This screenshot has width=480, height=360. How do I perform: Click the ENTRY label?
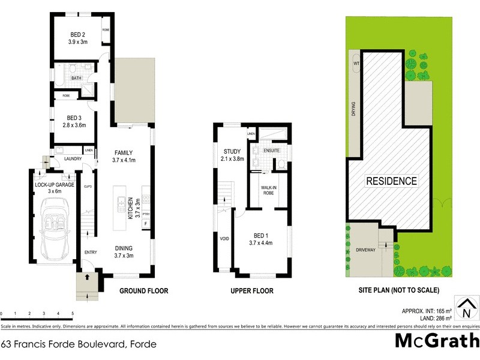(91, 252)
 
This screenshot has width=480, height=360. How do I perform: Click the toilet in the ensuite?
(280, 164)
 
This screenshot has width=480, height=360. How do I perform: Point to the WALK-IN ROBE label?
(268, 191)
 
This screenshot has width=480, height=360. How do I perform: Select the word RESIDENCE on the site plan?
(391, 181)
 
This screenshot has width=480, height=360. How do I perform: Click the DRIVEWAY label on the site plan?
(365, 250)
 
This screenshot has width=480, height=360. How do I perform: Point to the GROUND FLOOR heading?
(143, 291)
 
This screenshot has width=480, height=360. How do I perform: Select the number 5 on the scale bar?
(72, 314)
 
